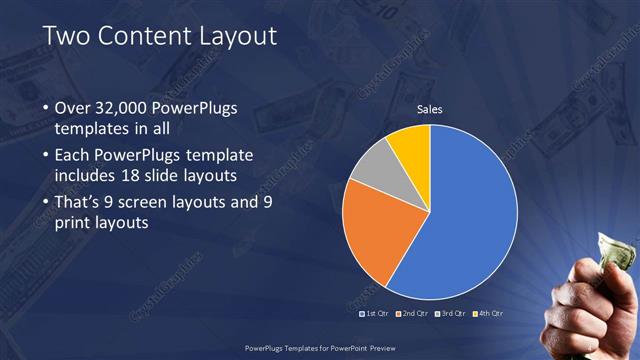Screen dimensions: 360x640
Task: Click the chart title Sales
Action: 429,109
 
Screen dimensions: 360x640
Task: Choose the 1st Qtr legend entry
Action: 374,314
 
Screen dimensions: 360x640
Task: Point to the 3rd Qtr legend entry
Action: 453,314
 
